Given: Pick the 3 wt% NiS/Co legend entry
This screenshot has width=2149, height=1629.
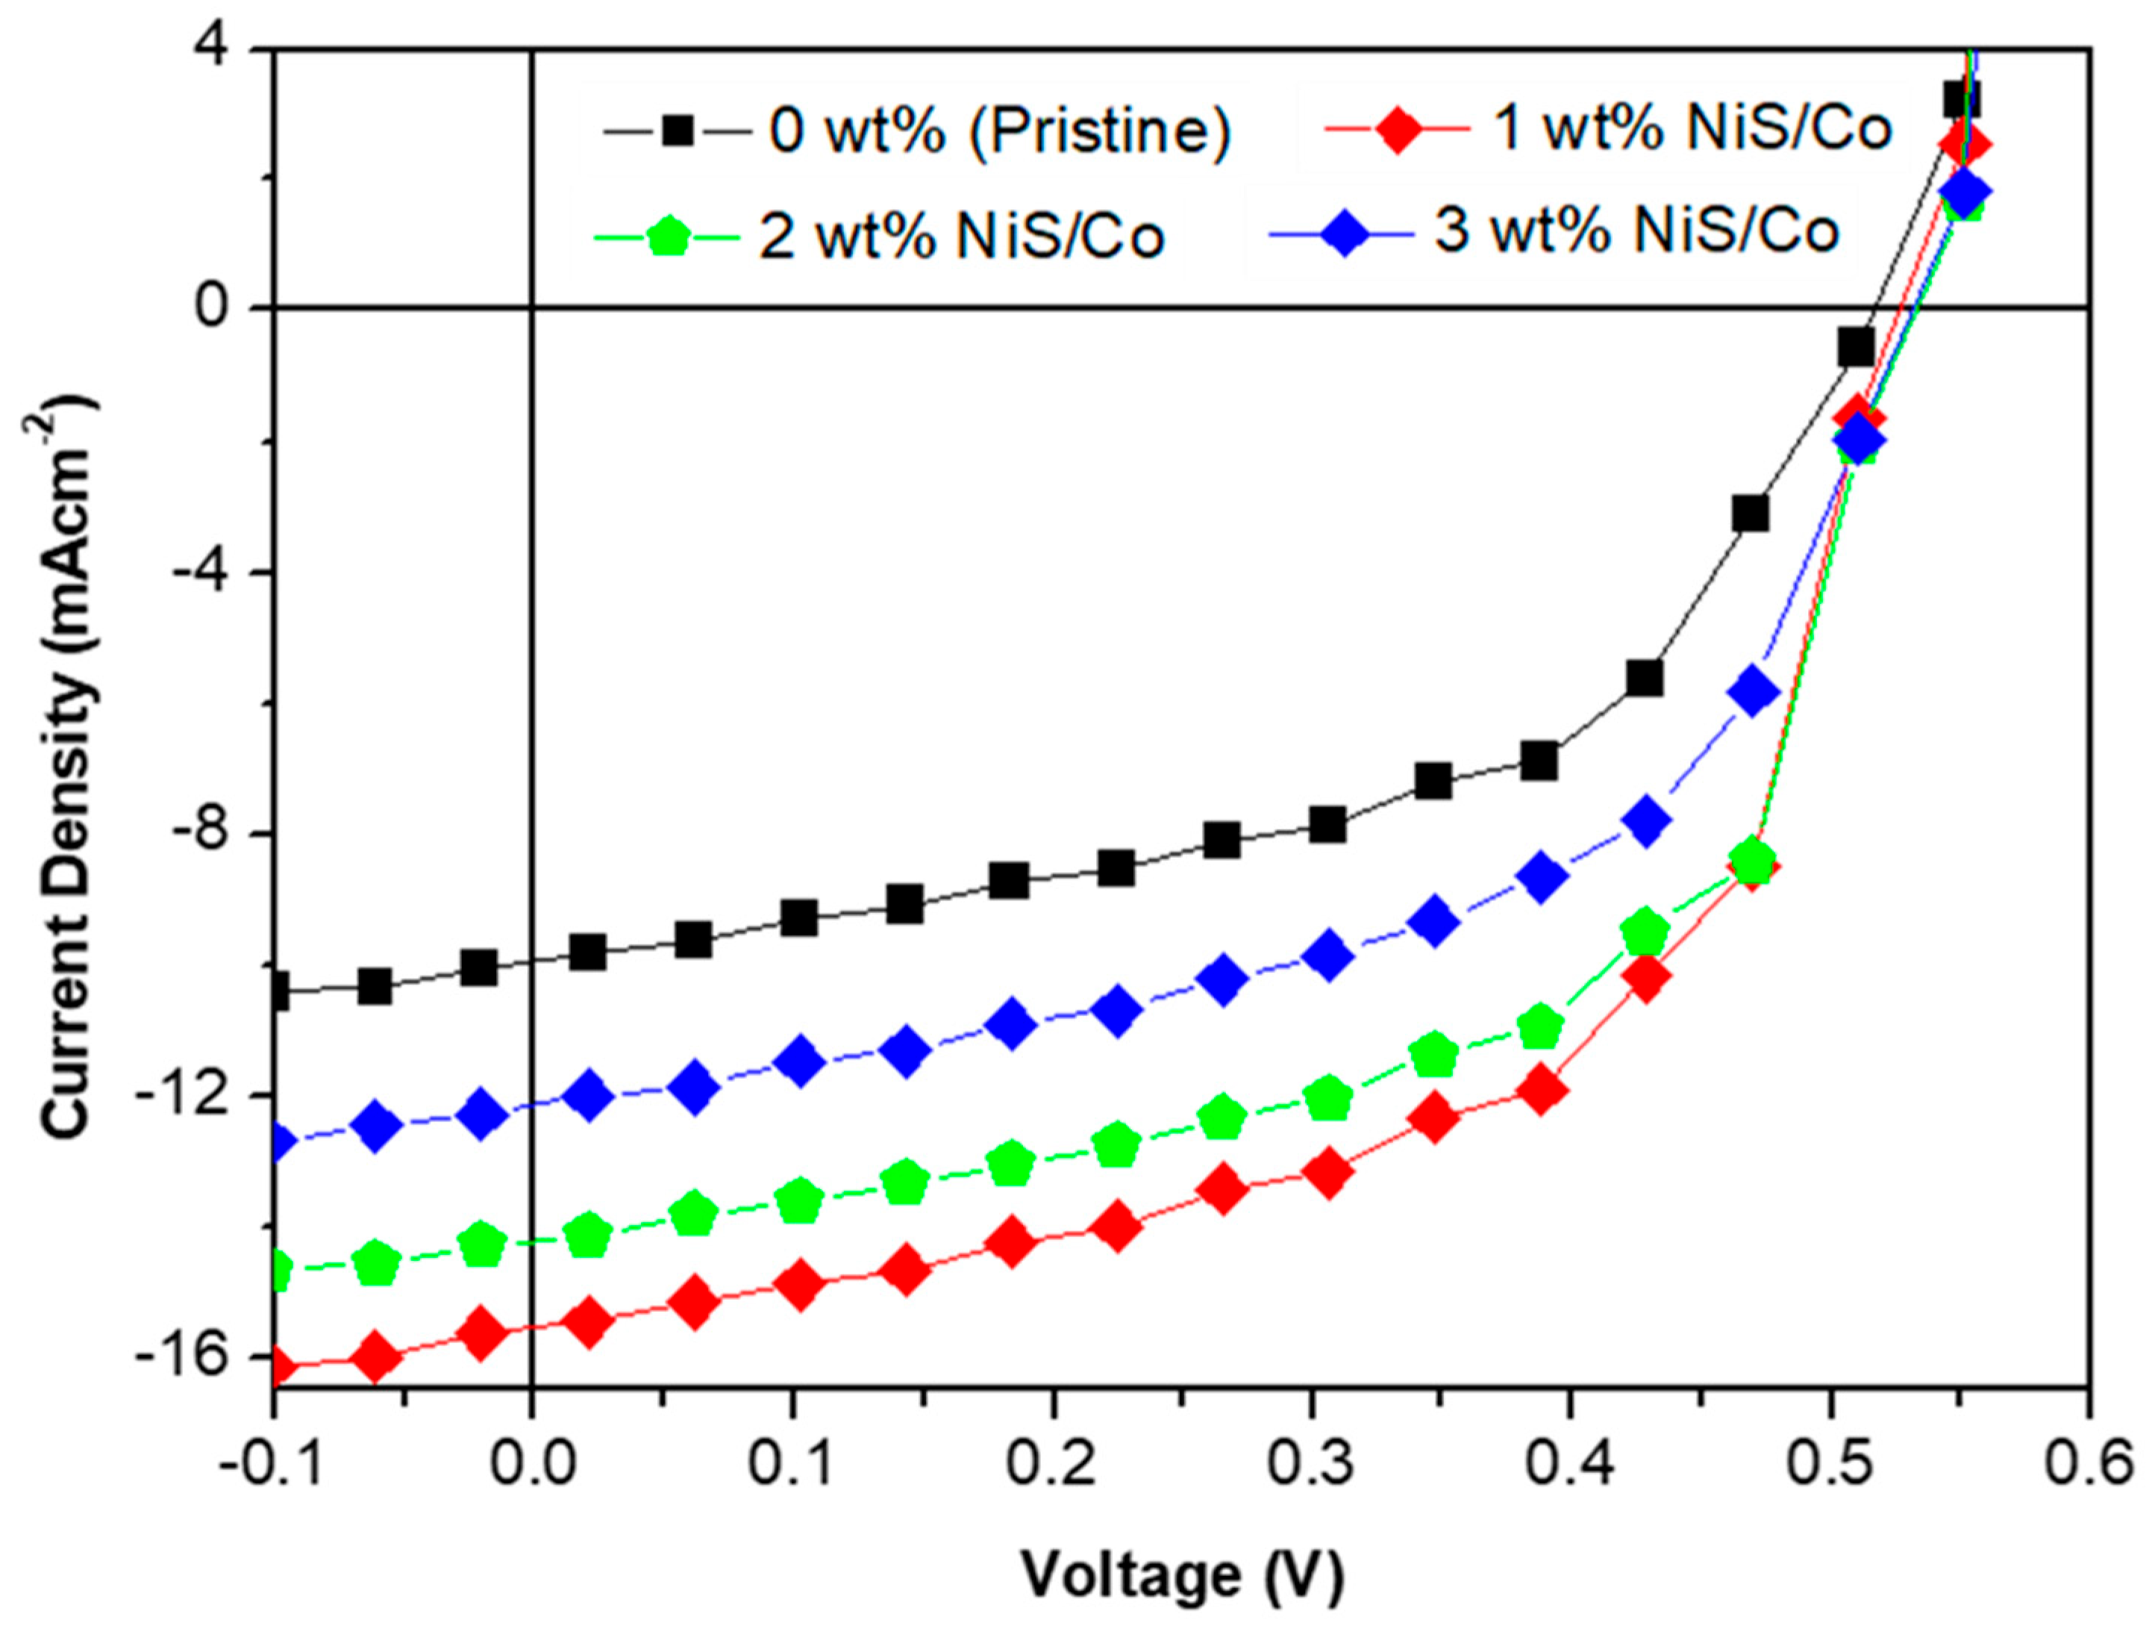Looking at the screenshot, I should click(1638, 231).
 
